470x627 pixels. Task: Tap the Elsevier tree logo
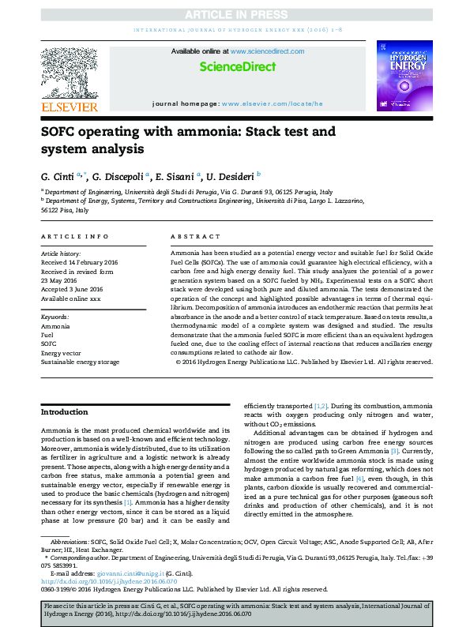[70, 73]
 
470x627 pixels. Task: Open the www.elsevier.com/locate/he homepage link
[272, 103]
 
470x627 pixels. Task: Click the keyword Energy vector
[61, 352]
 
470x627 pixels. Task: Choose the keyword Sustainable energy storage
[80, 361]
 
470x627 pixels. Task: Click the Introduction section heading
[65, 412]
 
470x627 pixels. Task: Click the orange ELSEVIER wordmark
[70, 107]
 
